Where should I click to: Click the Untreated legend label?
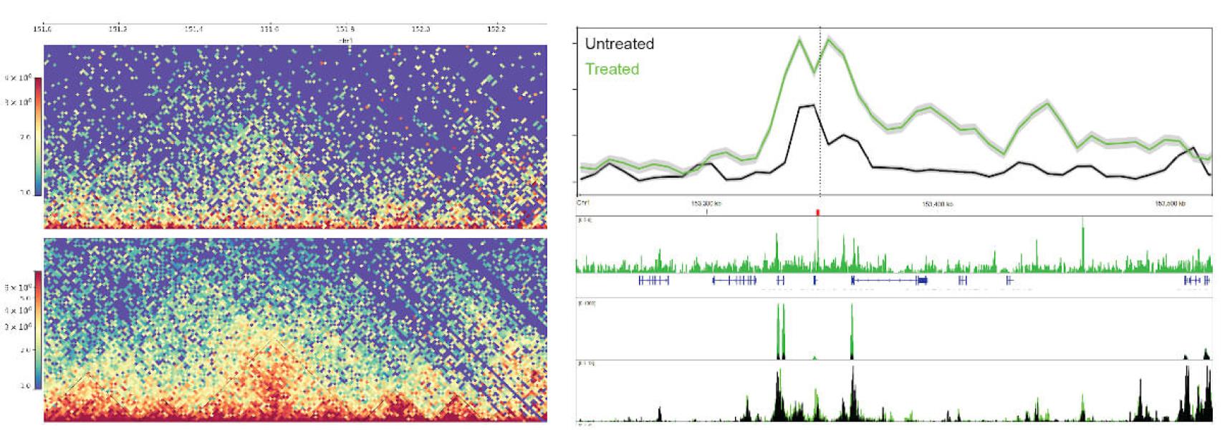(619, 44)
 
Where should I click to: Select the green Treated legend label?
(612, 69)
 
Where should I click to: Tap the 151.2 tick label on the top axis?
(118, 29)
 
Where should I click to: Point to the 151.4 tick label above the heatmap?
(193, 29)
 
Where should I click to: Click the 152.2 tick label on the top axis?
(496, 29)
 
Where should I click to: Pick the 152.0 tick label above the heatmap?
(421, 29)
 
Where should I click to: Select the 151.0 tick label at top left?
(42, 29)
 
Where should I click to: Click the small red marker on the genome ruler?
(817, 212)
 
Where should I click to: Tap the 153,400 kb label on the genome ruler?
(937, 204)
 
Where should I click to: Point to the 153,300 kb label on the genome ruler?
(706, 204)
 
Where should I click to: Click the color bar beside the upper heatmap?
(38, 135)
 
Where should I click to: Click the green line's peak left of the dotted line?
(799, 40)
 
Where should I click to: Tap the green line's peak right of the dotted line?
(828, 39)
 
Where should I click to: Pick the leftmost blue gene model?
(653, 280)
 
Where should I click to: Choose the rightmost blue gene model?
(1196, 280)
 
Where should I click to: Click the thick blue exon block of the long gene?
(922, 280)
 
